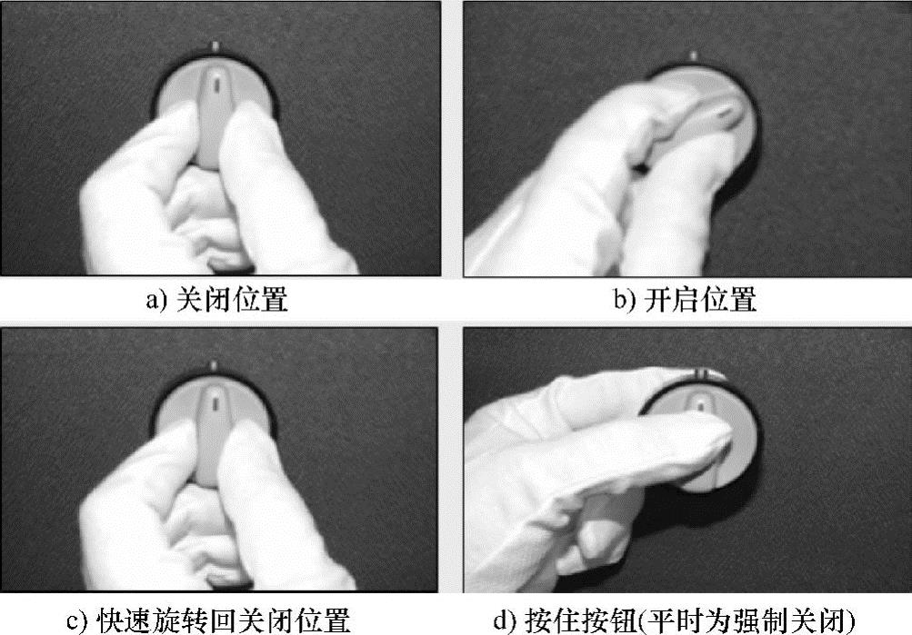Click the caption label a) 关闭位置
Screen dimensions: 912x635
[x=217, y=300]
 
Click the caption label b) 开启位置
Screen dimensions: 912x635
[x=686, y=300]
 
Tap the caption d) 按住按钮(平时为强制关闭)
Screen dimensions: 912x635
[x=675, y=620]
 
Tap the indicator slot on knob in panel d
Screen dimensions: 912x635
[x=701, y=403]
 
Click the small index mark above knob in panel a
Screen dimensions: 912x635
[x=215, y=46]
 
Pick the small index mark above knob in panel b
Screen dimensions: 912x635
[x=693, y=55]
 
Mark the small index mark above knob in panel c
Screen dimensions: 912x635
[x=214, y=365]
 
